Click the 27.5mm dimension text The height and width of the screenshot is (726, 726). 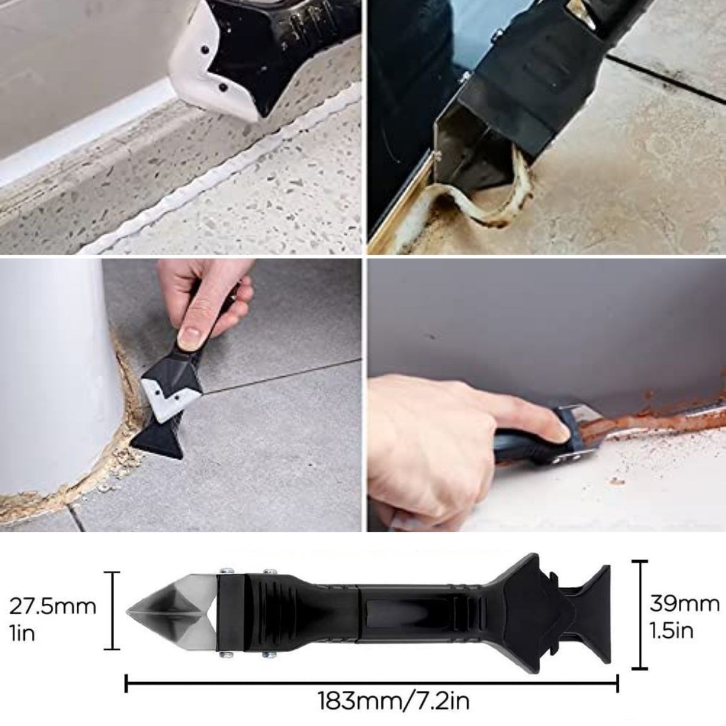(53, 606)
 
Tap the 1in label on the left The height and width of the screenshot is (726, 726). (22, 633)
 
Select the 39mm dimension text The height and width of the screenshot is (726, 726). (684, 603)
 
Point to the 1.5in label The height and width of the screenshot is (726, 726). (672, 630)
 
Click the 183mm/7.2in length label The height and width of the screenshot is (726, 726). (393, 702)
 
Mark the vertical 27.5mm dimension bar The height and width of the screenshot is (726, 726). (112, 610)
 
